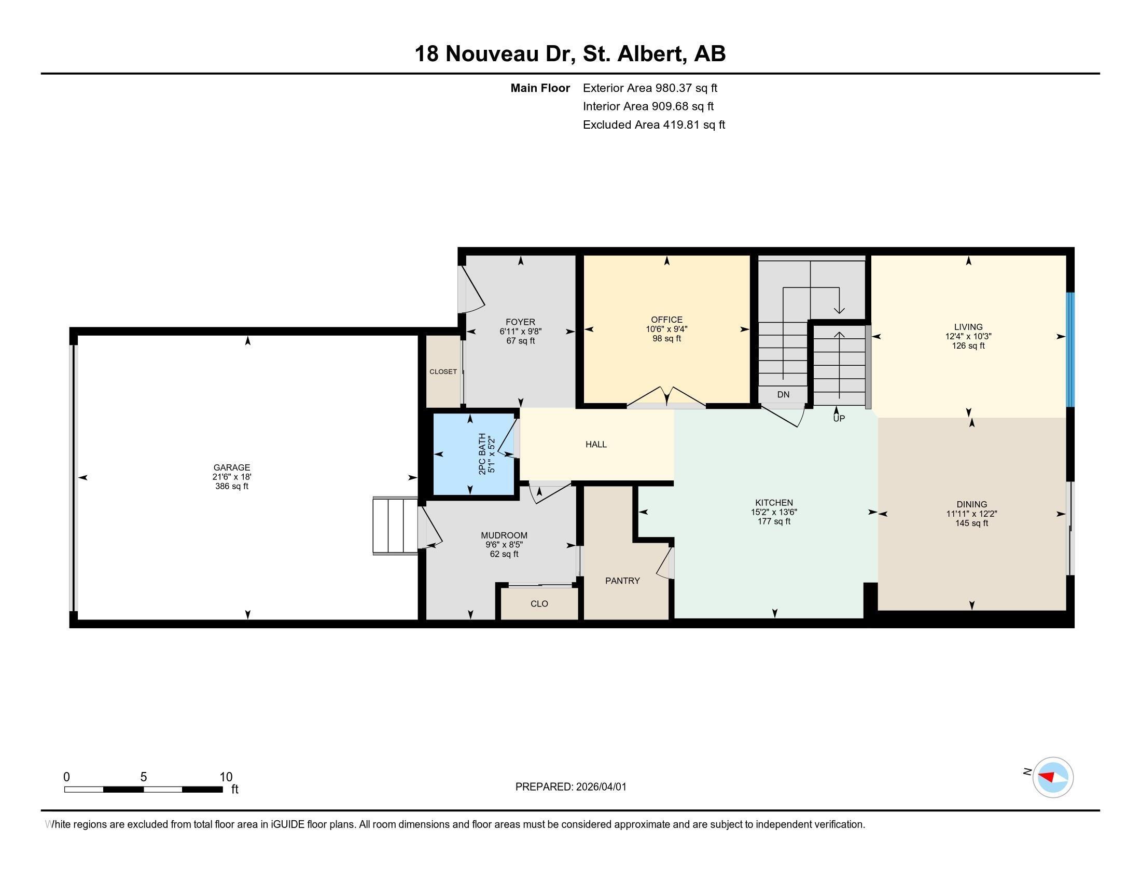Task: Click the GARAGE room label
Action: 231,467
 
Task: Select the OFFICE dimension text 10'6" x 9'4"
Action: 666,329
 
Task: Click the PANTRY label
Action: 622,581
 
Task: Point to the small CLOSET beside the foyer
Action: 443,371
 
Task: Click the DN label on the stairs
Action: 783,394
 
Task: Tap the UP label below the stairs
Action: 839,419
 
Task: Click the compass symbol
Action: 1052,777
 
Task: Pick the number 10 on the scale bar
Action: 226,777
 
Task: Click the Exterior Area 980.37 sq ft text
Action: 650,88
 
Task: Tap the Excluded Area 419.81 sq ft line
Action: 653,125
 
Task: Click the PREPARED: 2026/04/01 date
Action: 570,787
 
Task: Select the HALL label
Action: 595,444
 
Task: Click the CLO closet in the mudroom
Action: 539,603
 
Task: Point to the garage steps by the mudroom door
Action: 395,526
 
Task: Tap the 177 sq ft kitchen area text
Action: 774,521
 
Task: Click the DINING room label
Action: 971,504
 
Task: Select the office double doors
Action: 666,398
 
